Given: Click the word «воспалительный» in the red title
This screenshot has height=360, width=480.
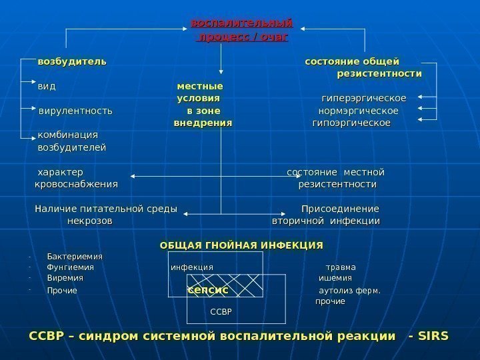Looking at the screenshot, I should [x=241, y=25].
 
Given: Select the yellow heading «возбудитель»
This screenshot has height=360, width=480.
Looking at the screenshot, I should [x=72, y=62].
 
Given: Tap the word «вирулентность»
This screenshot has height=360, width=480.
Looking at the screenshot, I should [x=75, y=111].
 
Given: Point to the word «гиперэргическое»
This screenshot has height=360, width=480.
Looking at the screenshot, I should [x=364, y=99].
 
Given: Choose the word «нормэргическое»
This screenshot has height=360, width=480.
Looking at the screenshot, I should [x=359, y=111].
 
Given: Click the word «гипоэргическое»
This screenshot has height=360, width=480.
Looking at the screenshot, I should [x=351, y=123].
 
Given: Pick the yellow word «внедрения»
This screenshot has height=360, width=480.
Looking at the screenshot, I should [x=203, y=123].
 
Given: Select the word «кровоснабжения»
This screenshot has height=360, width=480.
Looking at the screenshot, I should [x=76, y=184].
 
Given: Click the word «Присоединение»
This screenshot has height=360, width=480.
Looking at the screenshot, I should [x=341, y=209].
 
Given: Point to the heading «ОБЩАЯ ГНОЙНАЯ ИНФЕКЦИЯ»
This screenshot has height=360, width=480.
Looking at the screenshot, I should [x=241, y=245].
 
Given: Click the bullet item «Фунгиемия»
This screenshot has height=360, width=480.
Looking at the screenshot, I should [x=71, y=267].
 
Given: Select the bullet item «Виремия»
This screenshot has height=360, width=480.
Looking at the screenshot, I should [x=65, y=278].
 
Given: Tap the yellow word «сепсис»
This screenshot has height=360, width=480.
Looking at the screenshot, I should [x=207, y=291].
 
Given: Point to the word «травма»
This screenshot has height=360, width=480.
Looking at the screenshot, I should [x=341, y=267].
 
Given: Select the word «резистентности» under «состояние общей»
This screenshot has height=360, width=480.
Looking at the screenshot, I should [x=379, y=73].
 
